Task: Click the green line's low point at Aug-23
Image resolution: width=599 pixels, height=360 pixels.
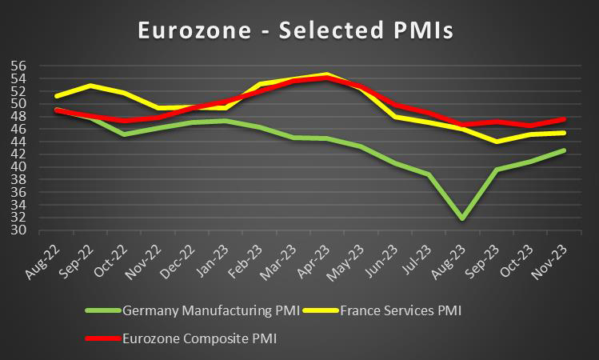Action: (461, 218)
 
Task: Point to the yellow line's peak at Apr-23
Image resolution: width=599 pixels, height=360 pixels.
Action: (325, 74)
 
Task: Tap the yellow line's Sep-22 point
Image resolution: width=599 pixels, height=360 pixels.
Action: (90, 85)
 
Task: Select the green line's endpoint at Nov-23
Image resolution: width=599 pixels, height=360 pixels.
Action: (565, 150)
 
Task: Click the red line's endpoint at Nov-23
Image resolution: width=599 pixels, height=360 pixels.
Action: (565, 119)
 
